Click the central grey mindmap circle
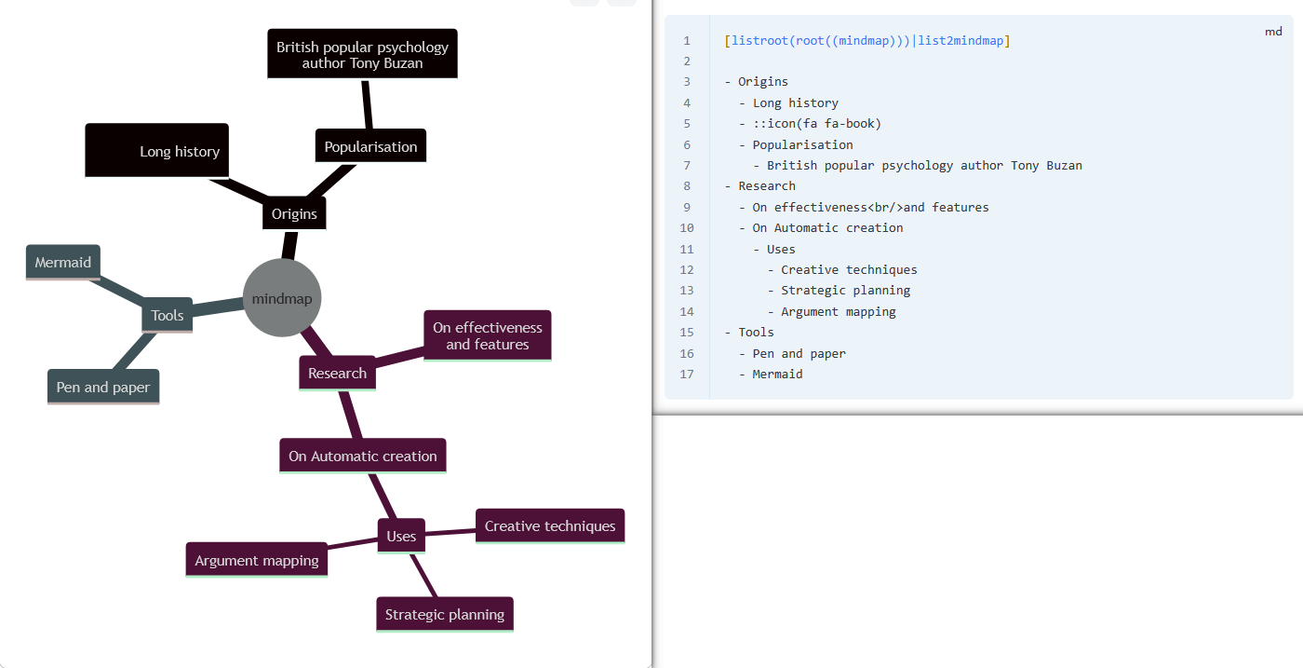[x=282, y=298]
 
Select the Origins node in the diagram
[x=294, y=213]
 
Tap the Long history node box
[x=157, y=150]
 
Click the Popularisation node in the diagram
[x=370, y=146]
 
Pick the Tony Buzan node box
[x=362, y=54]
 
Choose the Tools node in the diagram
[x=168, y=315]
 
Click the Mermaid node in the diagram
[x=63, y=263]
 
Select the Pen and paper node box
[x=103, y=387]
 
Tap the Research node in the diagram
[x=337, y=373]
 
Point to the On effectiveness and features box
[x=487, y=335]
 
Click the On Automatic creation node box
[x=363, y=456]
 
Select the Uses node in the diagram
[x=401, y=536]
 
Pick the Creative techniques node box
[x=550, y=525]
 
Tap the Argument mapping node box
[x=257, y=560]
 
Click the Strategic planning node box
[x=445, y=614]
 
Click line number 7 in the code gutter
[x=687, y=165]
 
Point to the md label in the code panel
[x=1273, y=32]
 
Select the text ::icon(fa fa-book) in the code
[x=816, y=123]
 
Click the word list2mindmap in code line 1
[x=961, y=40]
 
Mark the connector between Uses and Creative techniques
[x=450, y=532]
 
